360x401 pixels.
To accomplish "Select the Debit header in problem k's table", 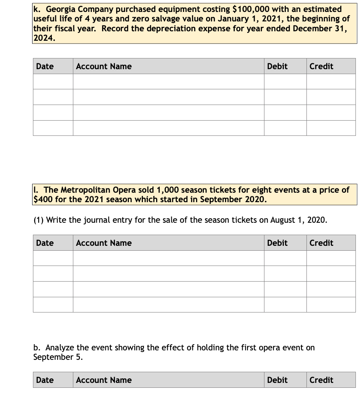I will [277, 66].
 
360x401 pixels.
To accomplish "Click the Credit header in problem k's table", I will [321, 66].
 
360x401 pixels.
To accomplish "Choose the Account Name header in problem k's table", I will [104, 66].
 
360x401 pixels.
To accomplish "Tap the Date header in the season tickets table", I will [45, 243].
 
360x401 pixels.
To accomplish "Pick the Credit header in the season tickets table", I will [321, 243].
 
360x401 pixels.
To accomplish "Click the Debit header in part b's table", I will [277, 380].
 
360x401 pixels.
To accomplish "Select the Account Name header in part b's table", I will [104, 380].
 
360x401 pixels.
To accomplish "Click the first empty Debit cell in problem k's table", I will [285, 82].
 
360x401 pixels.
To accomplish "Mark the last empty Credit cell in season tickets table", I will [331, 305].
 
